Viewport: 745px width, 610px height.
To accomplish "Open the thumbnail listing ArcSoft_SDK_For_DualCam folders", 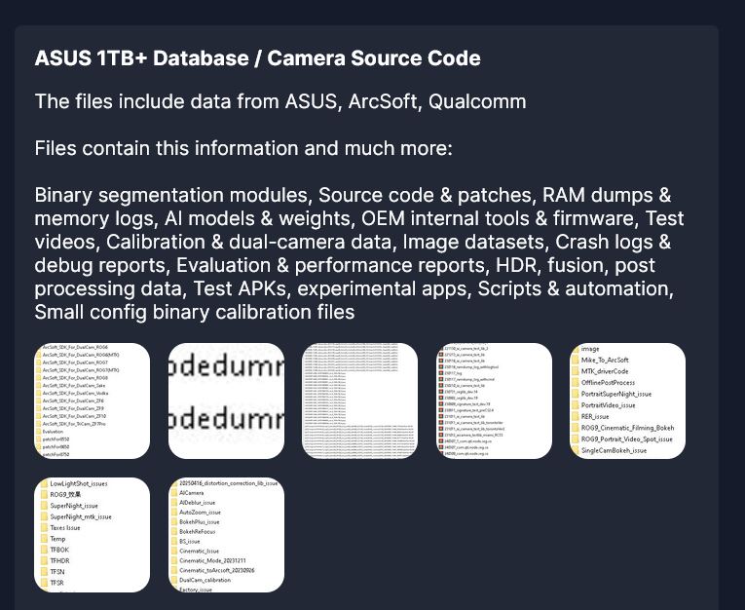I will coord(93,400).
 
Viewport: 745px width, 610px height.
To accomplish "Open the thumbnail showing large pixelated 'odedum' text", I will coord(226,400).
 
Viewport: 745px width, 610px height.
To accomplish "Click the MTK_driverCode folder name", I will coord(605,371).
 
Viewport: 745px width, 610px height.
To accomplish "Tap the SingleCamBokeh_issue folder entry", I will coord(614,450).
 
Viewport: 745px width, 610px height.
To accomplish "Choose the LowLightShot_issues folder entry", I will coord(79,483).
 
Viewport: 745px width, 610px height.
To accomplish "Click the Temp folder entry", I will coord(58,539).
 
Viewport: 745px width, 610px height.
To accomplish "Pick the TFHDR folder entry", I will coord(60,561).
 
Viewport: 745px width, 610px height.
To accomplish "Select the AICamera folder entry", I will coord(192,493).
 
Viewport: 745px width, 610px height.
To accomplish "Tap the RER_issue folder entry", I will coord(595,416).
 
